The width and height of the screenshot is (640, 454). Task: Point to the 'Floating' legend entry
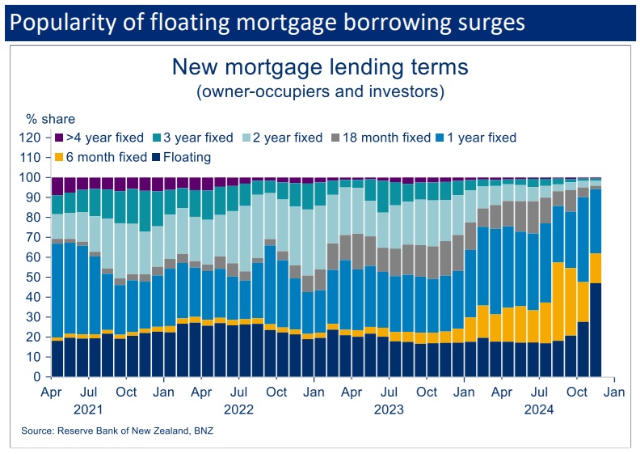[x=180, y=157]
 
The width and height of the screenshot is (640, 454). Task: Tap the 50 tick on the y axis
[x=33, y=277]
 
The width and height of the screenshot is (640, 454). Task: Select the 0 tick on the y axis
[x=36, y=377]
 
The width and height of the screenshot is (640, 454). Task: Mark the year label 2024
[x=540, y=409]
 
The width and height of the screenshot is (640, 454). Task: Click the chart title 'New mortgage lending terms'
[x=320, y=66]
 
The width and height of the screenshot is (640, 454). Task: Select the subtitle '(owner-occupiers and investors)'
[x=320, y=91]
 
